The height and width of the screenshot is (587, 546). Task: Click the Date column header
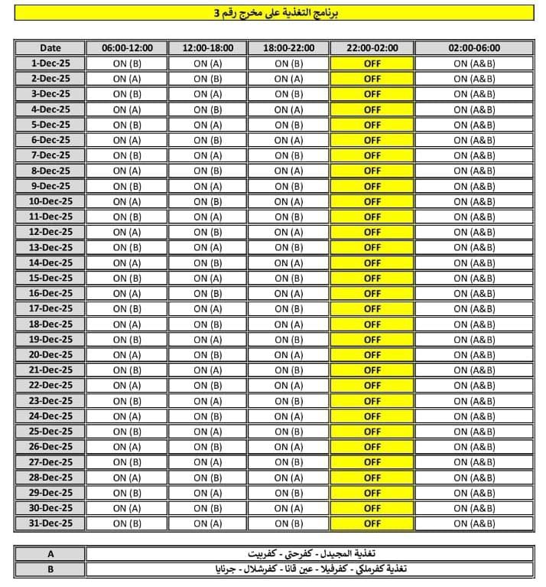tap(50, 47)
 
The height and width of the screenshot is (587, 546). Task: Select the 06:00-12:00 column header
tap(127, 47)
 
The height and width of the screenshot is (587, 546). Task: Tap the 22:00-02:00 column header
tap(372, 47)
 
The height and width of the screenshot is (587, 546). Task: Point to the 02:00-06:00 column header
tap(474, 47)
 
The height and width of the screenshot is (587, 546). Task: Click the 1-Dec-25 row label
tap(50, 64)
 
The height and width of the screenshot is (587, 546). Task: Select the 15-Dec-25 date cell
tap(50, 278)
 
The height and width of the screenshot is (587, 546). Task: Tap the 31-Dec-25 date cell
tap(50, 523)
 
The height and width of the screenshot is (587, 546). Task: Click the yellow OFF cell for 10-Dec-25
tap(372, 201)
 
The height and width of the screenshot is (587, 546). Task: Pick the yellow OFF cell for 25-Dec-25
tap(372, 432)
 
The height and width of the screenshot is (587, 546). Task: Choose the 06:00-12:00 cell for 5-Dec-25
tap(127, 125)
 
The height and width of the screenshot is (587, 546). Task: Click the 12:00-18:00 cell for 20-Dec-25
tap(207, 354)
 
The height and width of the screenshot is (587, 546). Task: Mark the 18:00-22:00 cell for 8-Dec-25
tap(288, 171)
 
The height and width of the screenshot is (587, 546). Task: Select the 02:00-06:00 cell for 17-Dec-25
tap(474, 308)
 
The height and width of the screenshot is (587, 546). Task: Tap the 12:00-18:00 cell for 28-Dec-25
tap(207, 478)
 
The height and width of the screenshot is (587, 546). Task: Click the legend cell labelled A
tap(50, 553)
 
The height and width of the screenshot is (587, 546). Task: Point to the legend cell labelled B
tap(50, 569)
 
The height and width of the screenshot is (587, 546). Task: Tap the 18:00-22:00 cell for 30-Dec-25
tap(288, 508)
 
